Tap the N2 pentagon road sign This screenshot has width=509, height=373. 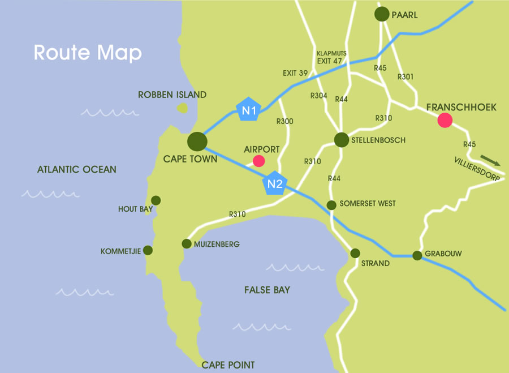coord(275,183)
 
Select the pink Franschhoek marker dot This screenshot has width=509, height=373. coord(445,120)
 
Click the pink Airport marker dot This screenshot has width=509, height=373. coord(258,161)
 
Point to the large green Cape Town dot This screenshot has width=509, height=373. coord(197,141)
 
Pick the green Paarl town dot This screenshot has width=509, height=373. coord(383,15)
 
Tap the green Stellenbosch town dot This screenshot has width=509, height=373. coord(342,140)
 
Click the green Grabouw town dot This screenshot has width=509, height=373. coord(417,255)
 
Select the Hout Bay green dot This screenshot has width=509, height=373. coord(156,200)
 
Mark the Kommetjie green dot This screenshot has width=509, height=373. coord(148,250)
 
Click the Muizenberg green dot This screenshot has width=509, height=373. coord(186,244)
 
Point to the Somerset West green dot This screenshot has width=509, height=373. coord(331,205)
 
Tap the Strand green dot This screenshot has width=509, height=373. coord(356,253)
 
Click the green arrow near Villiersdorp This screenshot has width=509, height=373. coord(490,161)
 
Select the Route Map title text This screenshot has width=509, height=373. coord(88,53)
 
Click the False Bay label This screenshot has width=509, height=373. coord(267,290)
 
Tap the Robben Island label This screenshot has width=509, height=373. coord(172,95)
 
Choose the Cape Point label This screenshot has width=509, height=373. coord(228,365)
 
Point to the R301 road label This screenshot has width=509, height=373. coord(406,76)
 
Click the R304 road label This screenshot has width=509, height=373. coord(319,96)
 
